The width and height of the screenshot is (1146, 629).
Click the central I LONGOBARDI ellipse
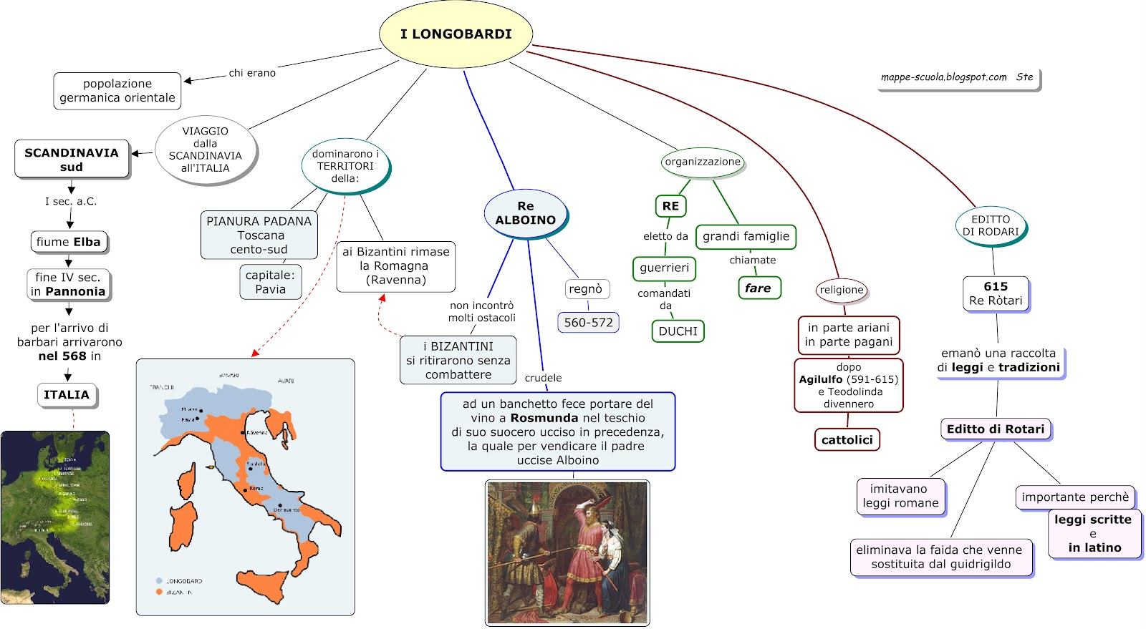tap(456, 34)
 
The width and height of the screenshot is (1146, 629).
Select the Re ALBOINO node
tap(526, 213)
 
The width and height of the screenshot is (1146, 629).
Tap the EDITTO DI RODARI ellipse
tap(991, 225)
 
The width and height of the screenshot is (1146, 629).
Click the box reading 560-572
tap(588, 323)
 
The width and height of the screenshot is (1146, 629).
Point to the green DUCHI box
tap(678, 331)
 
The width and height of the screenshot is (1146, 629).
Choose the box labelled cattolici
tap(847, 440)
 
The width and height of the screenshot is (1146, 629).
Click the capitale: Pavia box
tap(270, 282)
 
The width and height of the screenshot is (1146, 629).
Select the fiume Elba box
tap(69, 242)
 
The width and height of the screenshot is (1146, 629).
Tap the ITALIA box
tap(67, 395)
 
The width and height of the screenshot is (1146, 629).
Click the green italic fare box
tap(759, 288)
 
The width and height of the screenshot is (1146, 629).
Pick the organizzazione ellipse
tap(703, 162)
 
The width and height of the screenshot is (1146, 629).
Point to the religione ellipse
tap(842, 290)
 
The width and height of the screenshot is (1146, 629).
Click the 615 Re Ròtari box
tap(996, 293)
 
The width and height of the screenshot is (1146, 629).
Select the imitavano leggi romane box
tap(900, 496)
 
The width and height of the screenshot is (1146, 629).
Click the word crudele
tap(543, 378)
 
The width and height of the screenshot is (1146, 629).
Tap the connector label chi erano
tap(252, 73)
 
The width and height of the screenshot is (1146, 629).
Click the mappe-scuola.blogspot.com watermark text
tap(943, 77)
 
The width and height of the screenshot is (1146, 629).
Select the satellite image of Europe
tap(55, 517)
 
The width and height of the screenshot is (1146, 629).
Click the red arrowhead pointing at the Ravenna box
tap(382, 298)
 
